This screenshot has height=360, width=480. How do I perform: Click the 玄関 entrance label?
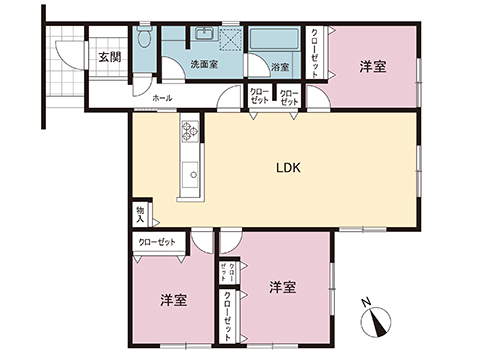(x=110, y=57)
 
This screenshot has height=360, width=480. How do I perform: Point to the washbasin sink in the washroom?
(x=206, y=38)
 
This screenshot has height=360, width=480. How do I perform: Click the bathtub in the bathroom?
(x=272, y=43)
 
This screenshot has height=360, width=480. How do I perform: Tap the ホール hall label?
(x=162, y=98)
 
